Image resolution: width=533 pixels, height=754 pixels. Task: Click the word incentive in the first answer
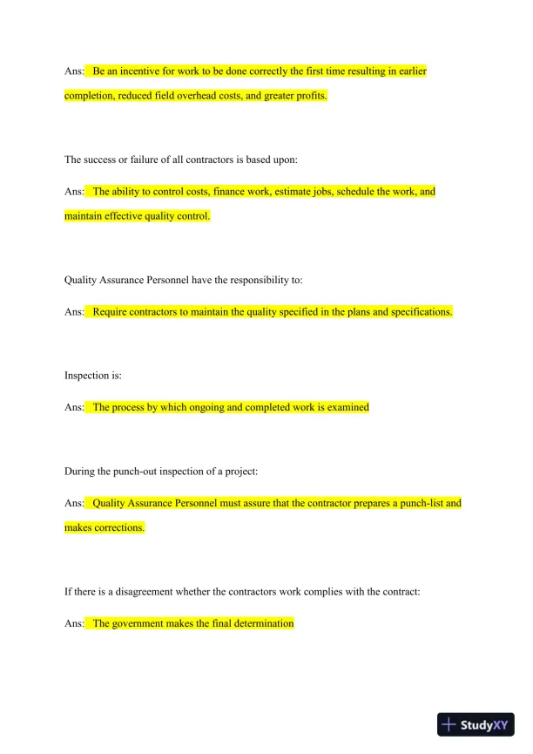(136, 71)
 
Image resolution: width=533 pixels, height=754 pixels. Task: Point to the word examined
(348, 407)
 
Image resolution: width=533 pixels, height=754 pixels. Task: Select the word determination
(262, 623)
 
